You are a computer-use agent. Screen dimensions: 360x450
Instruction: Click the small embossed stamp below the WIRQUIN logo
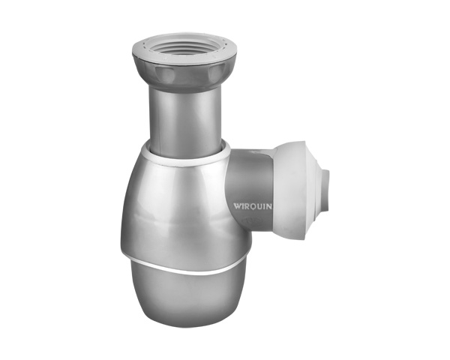(x=250, y=220)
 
